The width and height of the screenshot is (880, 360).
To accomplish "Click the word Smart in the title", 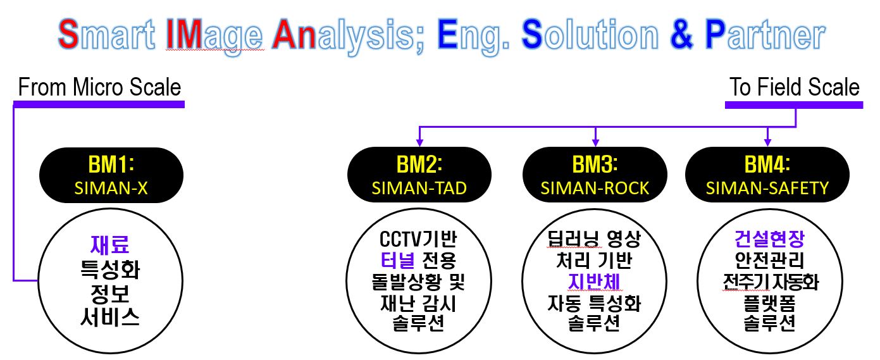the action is [106, 34].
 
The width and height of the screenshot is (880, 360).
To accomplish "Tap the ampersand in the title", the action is [681, 34].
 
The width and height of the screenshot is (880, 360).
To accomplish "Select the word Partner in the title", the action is [765, 34].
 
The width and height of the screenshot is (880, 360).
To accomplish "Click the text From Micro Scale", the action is [99, 87].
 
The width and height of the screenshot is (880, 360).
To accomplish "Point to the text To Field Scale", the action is [795, 87].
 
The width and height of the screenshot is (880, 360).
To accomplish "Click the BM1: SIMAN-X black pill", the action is [111, 175].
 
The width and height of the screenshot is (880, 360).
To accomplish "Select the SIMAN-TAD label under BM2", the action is [419, 189].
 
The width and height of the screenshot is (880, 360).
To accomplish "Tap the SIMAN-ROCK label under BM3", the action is [595, 189].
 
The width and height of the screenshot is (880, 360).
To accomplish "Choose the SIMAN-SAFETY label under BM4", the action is [767, 189].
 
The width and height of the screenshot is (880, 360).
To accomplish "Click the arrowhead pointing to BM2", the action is [419, 142].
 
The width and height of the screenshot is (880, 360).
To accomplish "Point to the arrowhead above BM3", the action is [595, 142].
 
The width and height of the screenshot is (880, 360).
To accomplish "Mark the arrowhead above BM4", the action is [767, 142].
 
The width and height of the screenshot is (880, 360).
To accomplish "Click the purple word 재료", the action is [110, 245].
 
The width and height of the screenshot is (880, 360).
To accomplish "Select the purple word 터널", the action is [397, 260].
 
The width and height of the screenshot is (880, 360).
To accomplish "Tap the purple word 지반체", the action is [594, 282].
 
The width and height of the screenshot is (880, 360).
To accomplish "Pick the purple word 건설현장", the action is [770, 239].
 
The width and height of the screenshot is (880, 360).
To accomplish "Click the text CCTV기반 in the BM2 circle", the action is [418, 239].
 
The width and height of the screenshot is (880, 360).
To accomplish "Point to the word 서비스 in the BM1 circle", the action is [110, 317].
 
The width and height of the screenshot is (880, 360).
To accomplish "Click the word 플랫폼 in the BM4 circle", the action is [770, 303].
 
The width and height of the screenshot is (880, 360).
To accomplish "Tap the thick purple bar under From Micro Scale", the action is [99, 104].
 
